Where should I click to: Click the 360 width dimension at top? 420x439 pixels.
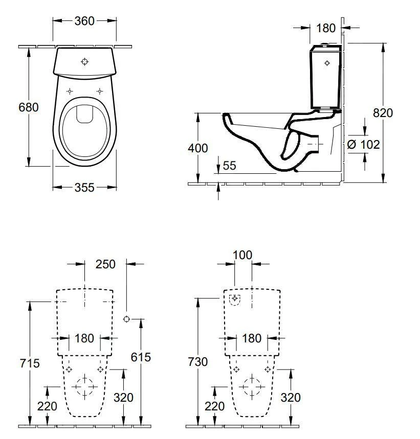tap(84, 20)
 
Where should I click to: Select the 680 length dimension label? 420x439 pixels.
tap(29, 108)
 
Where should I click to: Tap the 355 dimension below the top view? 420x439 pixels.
tap(84, 188)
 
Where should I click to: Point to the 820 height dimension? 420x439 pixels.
tap(383, 113)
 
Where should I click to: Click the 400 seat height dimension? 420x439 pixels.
tap(198, 148)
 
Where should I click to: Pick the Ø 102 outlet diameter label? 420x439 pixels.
tap(363, 145)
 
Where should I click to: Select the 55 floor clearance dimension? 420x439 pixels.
tap(230, 165)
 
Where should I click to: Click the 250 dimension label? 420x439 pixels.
tap(105, 264)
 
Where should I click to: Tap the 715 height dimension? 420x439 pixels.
tap(29, 363)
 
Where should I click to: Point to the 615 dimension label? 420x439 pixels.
tap(140, 357)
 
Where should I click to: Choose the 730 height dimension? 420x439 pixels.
tap(197, 362)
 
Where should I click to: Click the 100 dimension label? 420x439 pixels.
tap(242, 255)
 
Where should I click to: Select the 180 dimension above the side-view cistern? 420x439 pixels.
tap(326, 27)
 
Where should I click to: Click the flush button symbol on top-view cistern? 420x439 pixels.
tap(85, 62)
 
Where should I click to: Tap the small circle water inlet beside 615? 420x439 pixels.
tap(126, 319)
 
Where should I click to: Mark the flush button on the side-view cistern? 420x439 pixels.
tap(328, 63)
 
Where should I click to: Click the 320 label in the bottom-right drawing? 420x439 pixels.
tap(291, 397)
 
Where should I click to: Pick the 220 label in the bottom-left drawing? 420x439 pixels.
tap(47, 406)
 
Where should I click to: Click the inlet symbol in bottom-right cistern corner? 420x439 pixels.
tap(234, 298)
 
